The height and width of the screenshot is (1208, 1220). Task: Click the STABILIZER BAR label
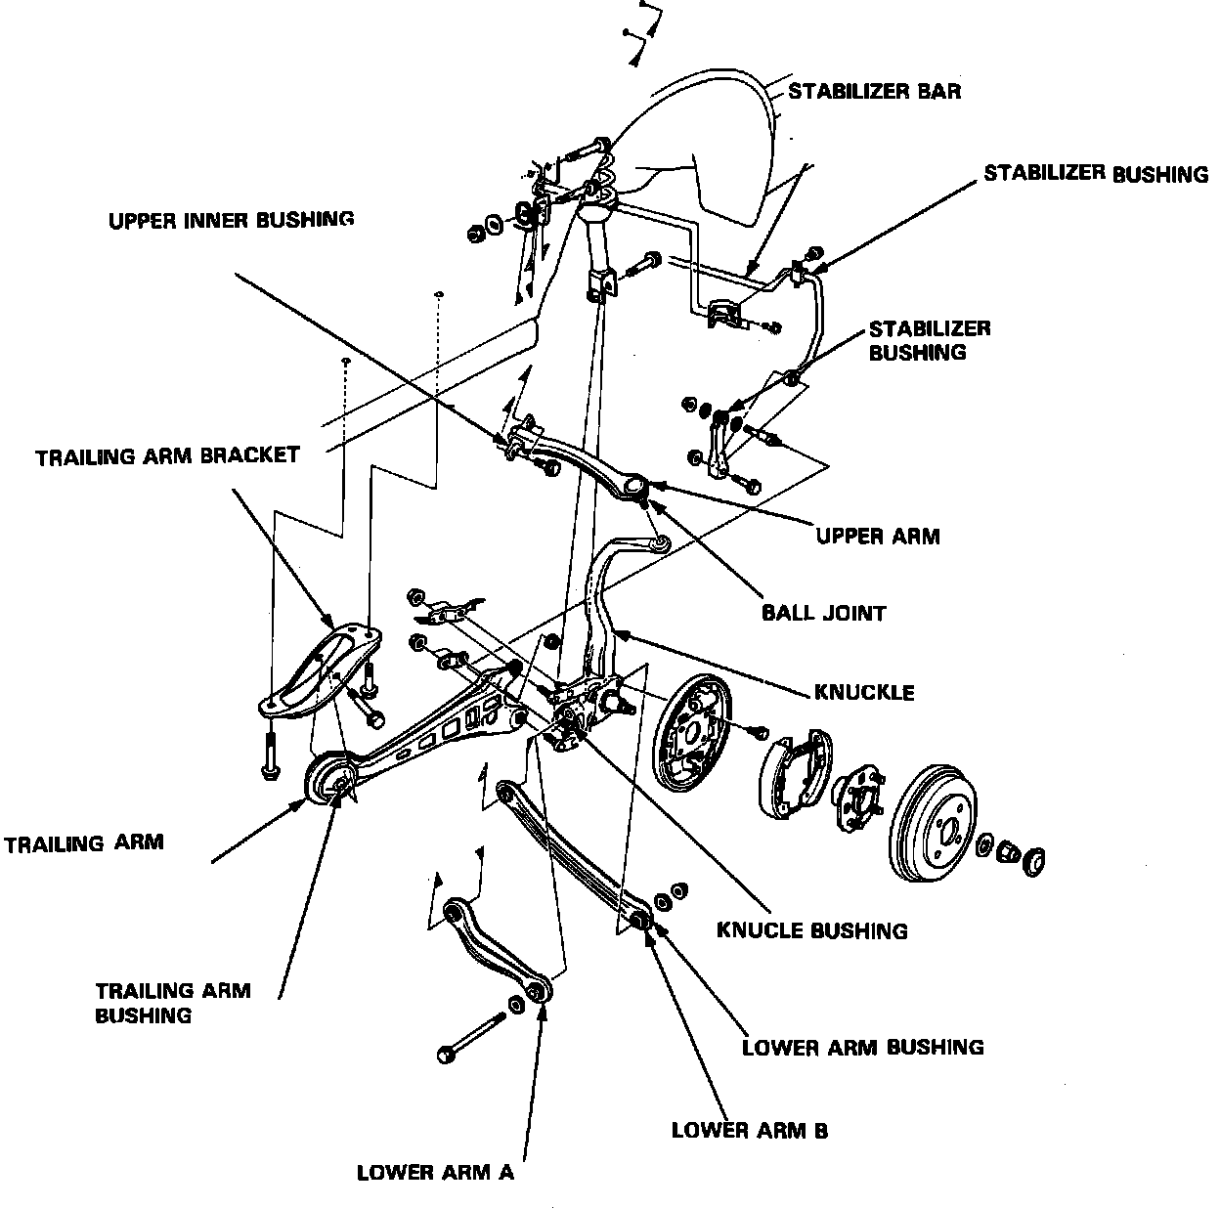pyautogui.click(x=874, y=92)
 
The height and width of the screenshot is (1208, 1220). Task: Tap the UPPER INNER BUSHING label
pyautogui.click(x=231, y=220)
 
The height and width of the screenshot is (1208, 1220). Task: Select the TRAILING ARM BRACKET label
pyautogui.click(x=167, y=456)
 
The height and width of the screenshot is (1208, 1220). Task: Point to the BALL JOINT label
pyautogui.click(x=823, y=614)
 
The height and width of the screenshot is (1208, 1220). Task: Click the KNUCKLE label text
pyautogui.click(x=864, y=692)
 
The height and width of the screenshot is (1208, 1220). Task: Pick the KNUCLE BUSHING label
pyautogui.click(x=811, y=930)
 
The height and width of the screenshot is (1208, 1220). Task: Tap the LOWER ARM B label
pyautogui.click(x=749, y=1131)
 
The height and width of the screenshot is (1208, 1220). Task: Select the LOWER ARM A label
pyautogui.click(x=435, y=1172)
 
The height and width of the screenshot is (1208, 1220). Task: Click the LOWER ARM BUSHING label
pyautogui.click(x=862, y=1048)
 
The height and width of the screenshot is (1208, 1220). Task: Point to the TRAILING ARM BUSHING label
pyautogui.click(x=172, y=1003)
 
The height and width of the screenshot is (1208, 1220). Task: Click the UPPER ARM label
pyautogui.click(x=877, y=536)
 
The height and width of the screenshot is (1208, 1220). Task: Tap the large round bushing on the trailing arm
pyautogui.click(x=328, y=780)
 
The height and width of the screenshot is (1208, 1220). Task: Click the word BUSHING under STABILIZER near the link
pyautogui.click(x=917, y=353)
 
